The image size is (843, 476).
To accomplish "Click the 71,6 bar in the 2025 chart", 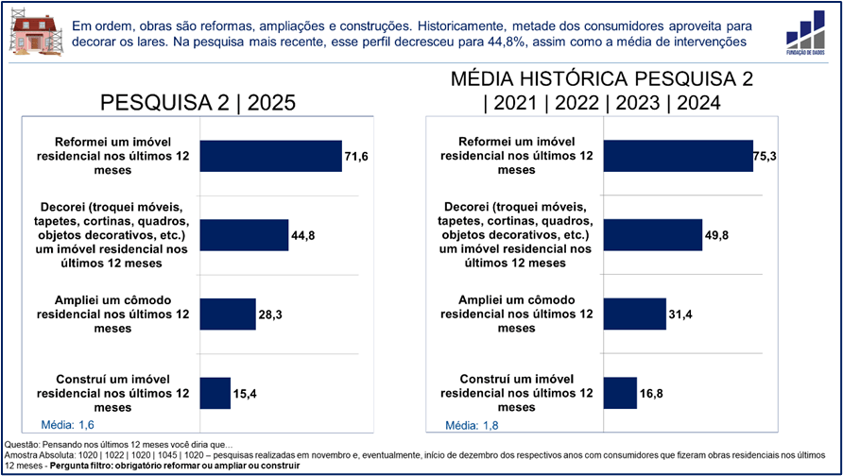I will pos(270,156).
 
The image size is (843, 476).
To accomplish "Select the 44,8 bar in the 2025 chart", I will pos(244,235).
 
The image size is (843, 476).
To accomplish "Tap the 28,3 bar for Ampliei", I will pos(228,314).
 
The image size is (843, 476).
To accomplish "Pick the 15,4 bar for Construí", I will pos(215,393).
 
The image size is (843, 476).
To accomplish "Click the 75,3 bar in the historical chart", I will pos(678,156).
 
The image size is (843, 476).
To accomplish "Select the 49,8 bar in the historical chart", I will pos(653,235).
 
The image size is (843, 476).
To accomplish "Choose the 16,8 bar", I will pos(620,393).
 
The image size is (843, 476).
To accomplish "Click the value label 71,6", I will pos(355,156).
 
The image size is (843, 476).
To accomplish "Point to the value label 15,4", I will pos(245,393).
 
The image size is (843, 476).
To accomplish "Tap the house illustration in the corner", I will pos(31,33).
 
